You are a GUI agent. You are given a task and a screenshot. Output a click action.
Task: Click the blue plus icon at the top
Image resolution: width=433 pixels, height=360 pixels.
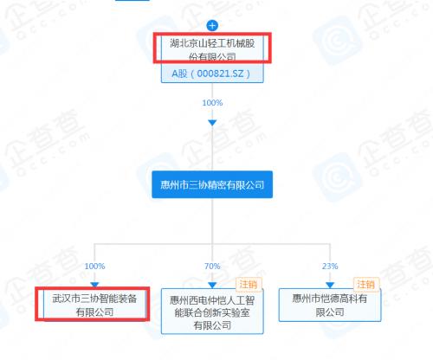point(212,26)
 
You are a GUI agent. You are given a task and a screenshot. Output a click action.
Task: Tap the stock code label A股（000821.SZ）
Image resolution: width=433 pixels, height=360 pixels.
point(212,74)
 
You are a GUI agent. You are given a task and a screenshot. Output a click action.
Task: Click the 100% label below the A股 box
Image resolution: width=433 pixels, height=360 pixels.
point(212,103)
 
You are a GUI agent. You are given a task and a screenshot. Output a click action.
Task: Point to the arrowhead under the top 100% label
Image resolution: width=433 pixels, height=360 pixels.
point(212,123)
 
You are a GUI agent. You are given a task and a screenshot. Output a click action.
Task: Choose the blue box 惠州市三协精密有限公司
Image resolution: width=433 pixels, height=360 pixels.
point(212,184)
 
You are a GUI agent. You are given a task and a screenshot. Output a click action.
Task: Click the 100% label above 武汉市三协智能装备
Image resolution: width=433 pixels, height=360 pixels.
point(94,266)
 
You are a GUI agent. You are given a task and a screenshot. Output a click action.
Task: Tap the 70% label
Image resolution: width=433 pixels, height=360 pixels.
point(212,266)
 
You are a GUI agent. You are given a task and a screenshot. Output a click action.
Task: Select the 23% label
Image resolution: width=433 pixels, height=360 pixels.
point(330,266)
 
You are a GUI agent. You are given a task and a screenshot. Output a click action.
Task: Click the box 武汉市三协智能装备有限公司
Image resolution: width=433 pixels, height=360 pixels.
point(94,305)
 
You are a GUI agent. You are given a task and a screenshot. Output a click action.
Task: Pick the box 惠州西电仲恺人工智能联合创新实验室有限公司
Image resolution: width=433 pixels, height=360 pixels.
point(212,312)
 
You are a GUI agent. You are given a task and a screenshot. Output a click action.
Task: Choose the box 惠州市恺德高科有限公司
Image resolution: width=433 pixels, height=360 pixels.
point(330,305)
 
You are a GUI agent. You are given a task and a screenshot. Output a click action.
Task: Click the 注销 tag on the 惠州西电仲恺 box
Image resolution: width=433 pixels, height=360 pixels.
point(249,285)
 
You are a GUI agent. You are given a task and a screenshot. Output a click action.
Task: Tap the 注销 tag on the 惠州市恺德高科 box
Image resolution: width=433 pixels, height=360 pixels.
point(366,285)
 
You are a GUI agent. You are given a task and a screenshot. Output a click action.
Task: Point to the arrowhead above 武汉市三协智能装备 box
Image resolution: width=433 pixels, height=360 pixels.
point(94,285)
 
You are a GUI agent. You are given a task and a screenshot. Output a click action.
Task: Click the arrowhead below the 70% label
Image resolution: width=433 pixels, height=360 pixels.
point(212,286)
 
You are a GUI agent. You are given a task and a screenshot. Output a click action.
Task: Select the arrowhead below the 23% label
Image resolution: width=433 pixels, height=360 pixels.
point(330,286)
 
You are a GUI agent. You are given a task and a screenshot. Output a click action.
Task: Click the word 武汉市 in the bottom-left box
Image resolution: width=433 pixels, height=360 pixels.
point(66,299)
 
